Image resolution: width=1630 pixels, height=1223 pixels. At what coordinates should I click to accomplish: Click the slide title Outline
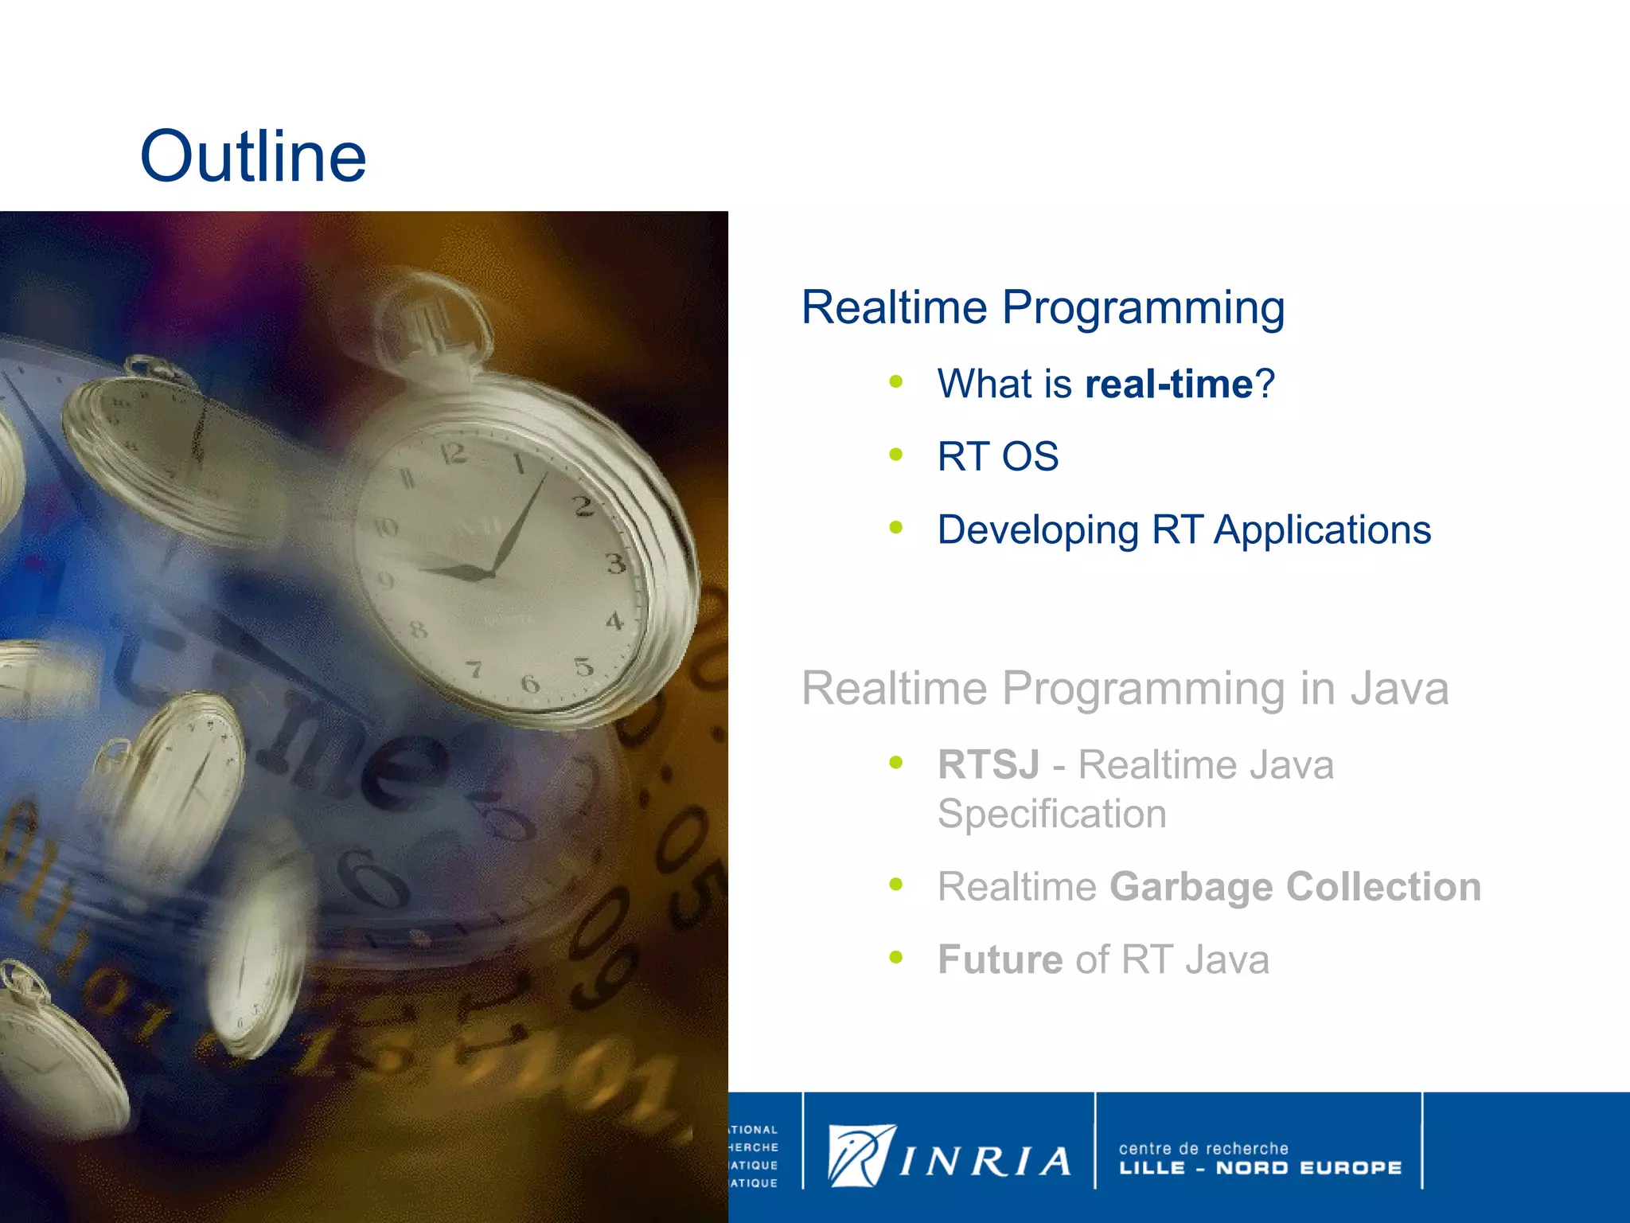(253, 156)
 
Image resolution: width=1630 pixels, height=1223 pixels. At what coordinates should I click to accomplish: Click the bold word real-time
(1168, 384)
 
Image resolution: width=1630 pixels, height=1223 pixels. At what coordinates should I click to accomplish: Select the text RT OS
(997, 457)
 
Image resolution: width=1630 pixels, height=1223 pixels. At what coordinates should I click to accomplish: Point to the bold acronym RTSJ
(988, 764)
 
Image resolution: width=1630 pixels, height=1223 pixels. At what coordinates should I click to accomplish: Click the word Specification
(1051, 814)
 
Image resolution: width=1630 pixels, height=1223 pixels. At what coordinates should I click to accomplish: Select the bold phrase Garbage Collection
(1295, 887)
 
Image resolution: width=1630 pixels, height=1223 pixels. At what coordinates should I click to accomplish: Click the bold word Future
(1000, 959)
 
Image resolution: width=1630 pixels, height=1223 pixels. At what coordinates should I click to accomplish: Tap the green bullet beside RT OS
(896, 455)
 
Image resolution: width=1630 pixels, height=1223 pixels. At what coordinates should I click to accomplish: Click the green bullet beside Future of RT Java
(896, 957)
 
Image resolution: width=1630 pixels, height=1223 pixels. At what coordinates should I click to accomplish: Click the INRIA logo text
(985, 1162)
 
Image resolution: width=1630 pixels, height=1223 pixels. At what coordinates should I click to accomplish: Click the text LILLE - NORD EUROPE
(1260, 1168)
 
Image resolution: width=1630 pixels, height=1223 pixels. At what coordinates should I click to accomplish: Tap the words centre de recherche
(1203, 1148)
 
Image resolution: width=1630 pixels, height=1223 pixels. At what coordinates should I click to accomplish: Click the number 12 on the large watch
(453, 454)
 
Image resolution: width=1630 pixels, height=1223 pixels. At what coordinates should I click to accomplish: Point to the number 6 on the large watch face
(530, 682)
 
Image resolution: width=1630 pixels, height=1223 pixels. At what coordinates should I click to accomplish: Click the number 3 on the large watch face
(615, 564)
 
